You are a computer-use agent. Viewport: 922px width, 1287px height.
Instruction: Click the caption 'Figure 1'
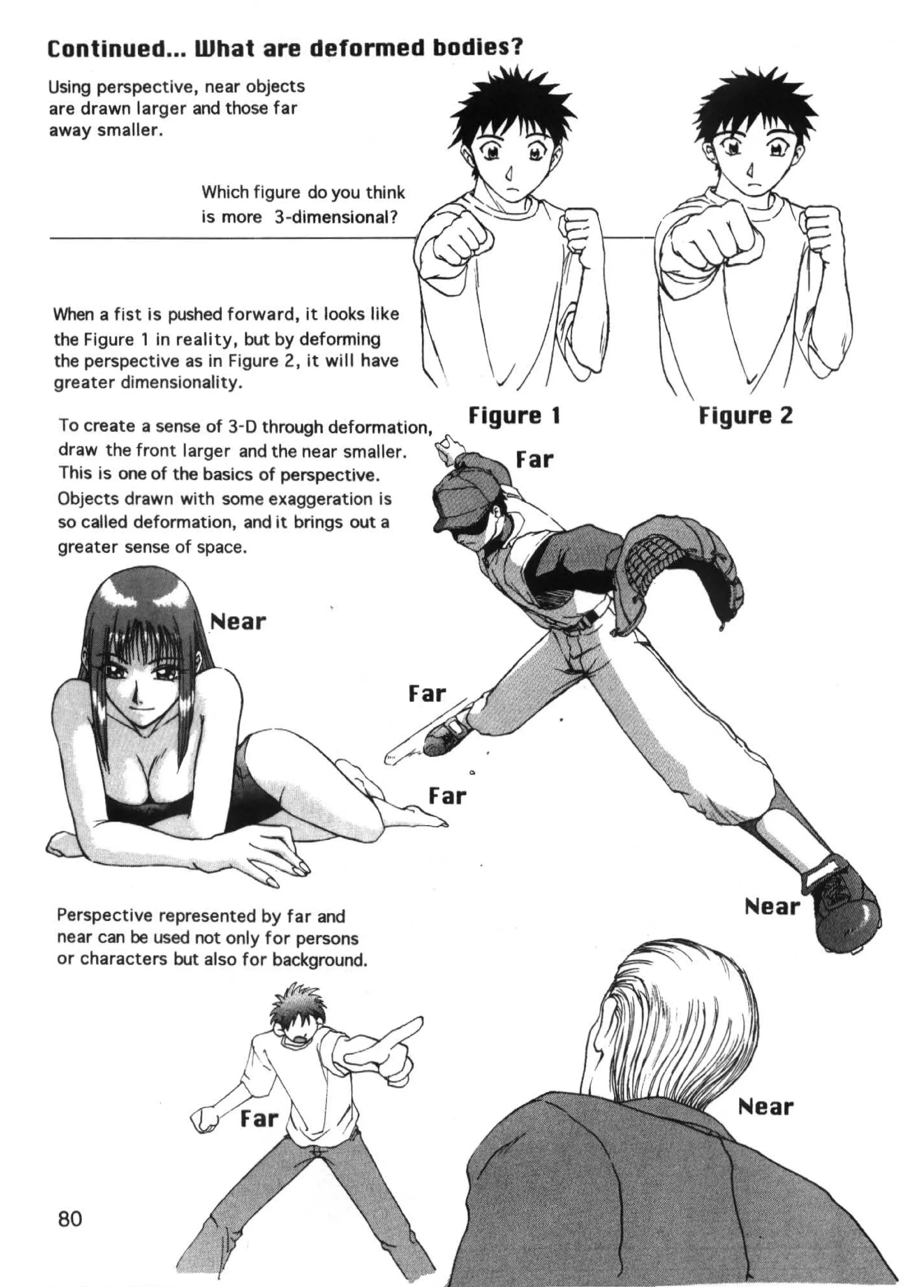pyautogui.click(x=514, y=416)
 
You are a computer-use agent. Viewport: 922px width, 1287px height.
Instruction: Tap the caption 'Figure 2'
pyautogui.click(x=745, y=416)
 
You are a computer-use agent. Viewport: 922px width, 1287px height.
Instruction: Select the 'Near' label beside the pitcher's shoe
pyautogui.click(x=772, y=906)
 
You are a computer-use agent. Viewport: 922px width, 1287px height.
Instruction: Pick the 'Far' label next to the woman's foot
pyautogui.click(x=447, y=796)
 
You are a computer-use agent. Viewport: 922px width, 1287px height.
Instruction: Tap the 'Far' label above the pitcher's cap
pyautogui.click(x=534, y=460)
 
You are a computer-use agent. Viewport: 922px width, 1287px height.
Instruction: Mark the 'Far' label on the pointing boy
pyautogui.click(x=259, y=1119)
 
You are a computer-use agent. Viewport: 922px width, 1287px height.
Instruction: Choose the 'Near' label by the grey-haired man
pyautogui.click(x=765, y=1106)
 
